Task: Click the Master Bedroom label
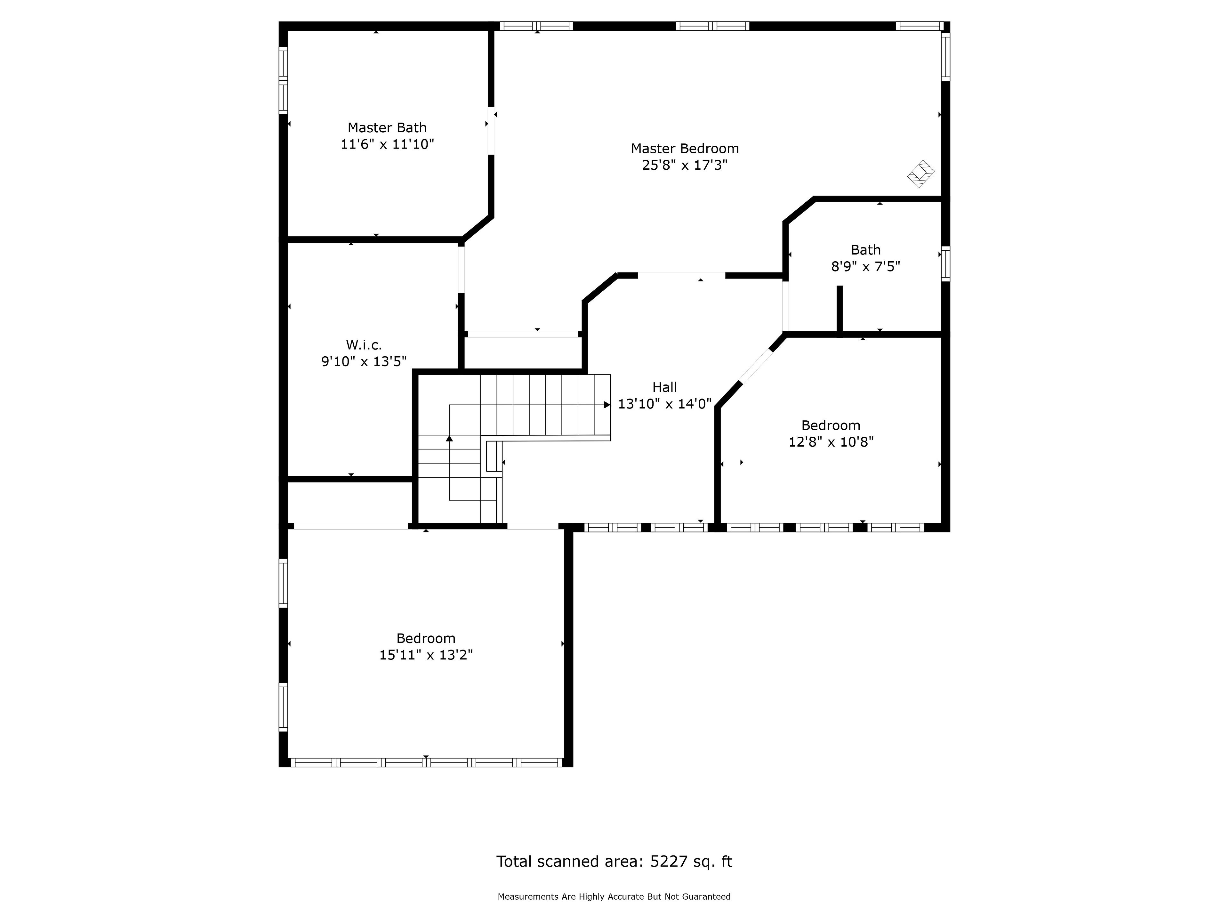(685, 149)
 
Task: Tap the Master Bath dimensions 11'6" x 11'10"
(387, 144)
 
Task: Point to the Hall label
(664, 387)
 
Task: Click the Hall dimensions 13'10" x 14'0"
(664, 404)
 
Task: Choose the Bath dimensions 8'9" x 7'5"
(865, 267)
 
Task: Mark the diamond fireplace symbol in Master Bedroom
(921, 174)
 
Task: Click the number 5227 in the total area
(668, 861)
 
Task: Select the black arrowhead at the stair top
(607, 405)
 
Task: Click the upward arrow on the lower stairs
(449, 439)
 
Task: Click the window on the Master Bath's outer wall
(283, 81)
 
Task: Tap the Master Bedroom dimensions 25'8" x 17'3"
(685, 166)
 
